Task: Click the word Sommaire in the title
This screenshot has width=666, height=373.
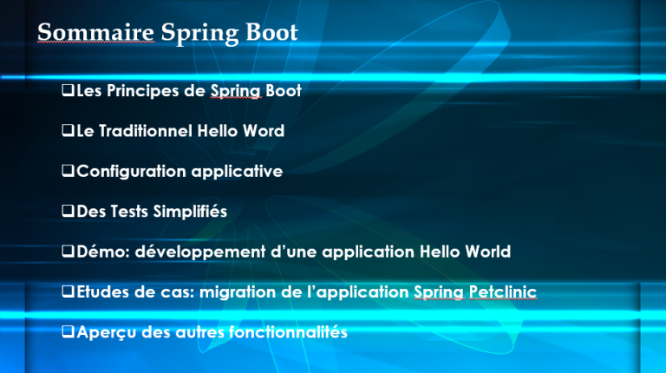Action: (95, 33)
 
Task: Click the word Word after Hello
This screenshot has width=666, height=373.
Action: (264, 131)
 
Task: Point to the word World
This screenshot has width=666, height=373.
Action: (486, 252)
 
